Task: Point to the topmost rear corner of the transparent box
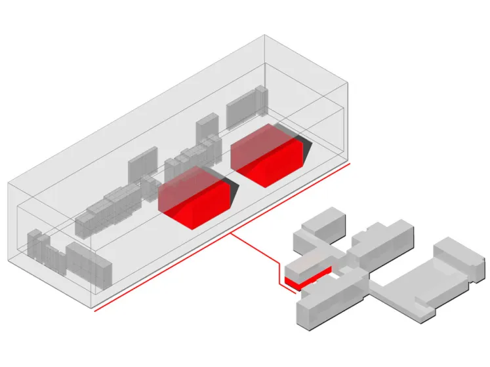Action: click(264, 35)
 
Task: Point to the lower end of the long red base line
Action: click(96, 311)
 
